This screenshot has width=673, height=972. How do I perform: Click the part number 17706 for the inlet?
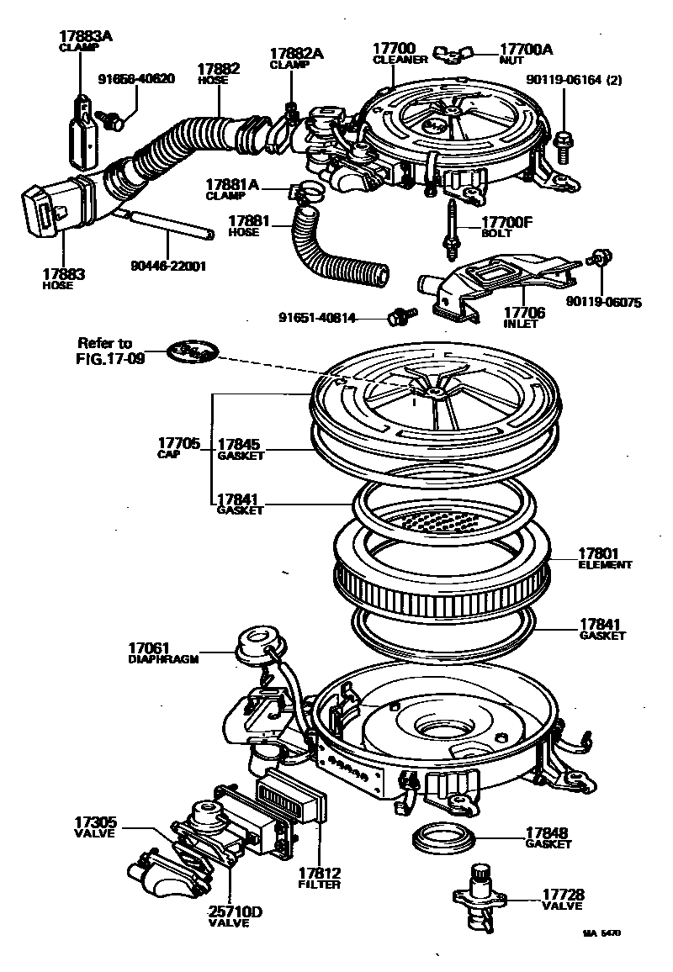coord(524,313)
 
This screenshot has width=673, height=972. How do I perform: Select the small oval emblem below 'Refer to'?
coord(191,351)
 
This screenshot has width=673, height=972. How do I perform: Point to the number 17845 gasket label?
coord(240,444)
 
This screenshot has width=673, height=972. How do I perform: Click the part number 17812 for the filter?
coord(319,874)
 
